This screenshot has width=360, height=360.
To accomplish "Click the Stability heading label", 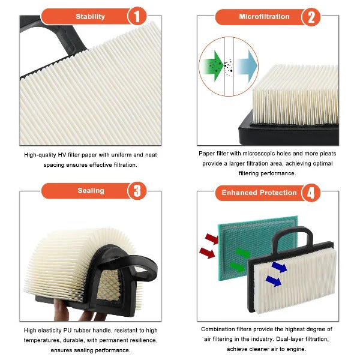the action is point(90,17).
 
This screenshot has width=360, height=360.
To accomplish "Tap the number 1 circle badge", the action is point(137,16).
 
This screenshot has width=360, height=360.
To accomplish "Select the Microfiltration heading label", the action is point(264,17).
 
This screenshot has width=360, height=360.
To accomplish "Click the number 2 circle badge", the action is point(311,17).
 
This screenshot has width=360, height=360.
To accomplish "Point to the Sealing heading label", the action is point(91,191).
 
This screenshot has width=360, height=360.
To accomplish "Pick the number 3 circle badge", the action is point(137,191).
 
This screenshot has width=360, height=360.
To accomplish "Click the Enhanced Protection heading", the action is point(259,193).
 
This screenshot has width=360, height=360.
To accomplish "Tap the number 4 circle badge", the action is point(311,193).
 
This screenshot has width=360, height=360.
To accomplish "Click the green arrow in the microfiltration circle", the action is point(212,66).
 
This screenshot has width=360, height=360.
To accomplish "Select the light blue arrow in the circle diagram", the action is point(247,66).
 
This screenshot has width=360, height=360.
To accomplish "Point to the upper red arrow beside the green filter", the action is point(212,239).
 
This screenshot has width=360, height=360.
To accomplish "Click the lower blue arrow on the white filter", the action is point(274,281).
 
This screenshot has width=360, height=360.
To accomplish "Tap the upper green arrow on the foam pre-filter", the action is point(243,253).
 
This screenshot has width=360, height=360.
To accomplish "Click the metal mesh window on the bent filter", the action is point(109,285).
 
